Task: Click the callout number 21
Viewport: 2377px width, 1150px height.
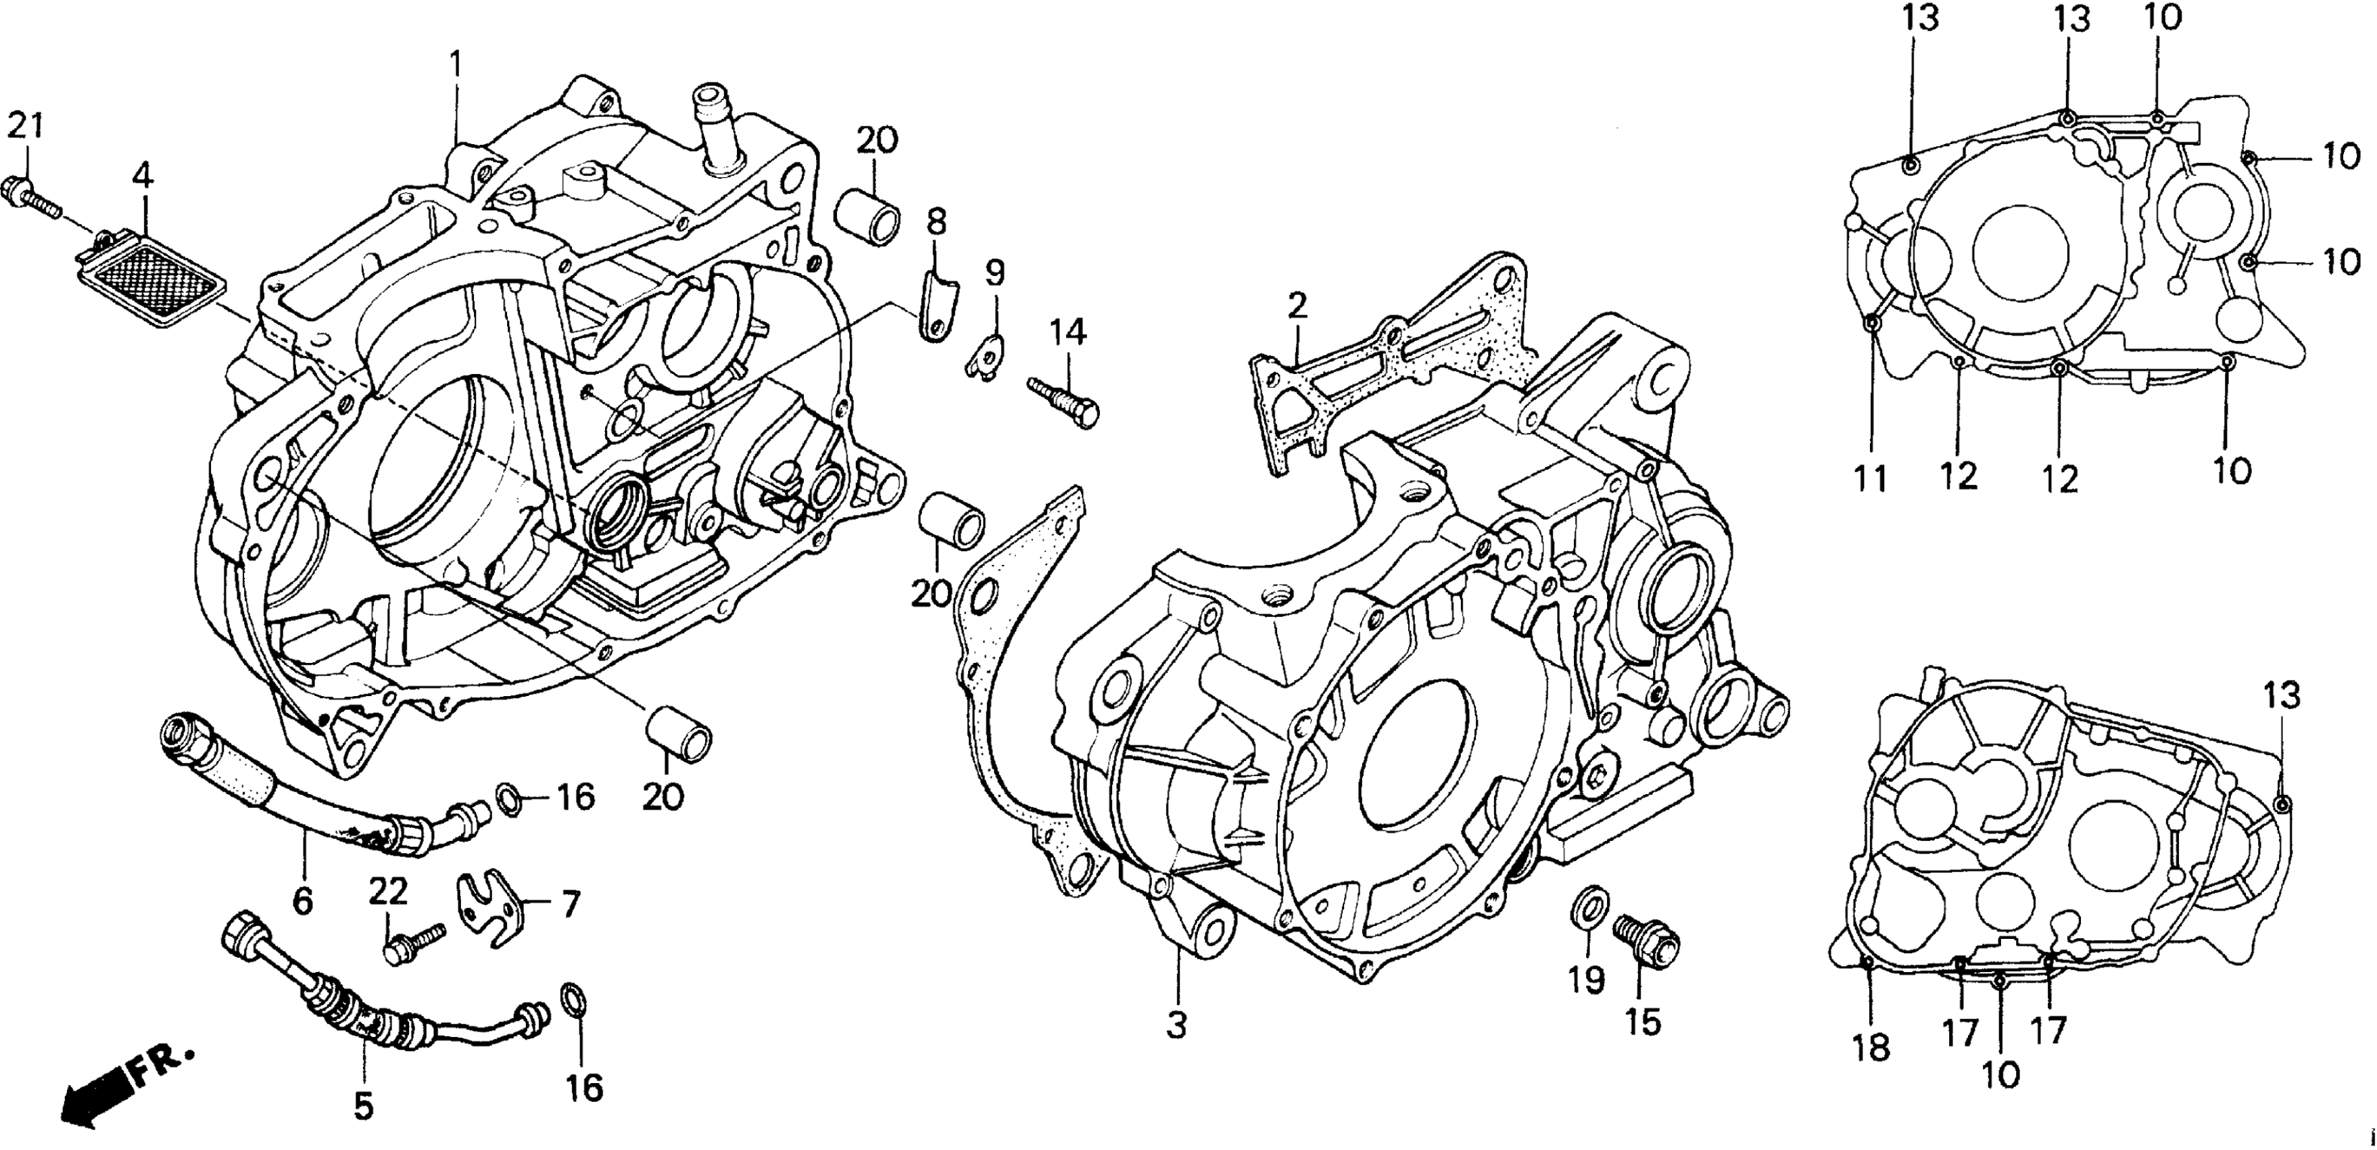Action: coord(25,126)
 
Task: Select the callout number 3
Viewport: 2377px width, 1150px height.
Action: coord(1176,1024)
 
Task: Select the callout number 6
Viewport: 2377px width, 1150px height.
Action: coord(303,900)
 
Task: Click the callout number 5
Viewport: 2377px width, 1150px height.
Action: coord(364,1104)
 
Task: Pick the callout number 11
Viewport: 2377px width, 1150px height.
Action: coord(1871,479)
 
